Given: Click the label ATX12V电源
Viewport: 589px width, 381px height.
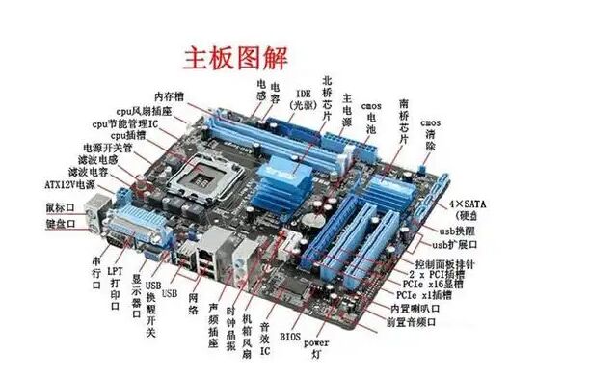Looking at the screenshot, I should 69,184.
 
